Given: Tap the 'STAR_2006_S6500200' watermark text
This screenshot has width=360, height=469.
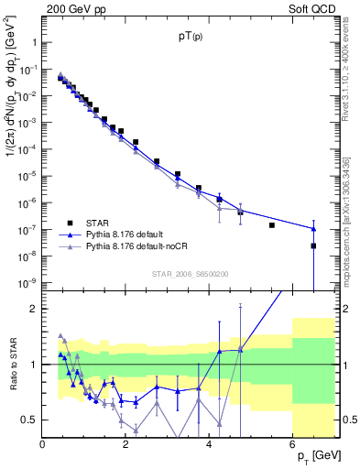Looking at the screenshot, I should [x=191, y=273].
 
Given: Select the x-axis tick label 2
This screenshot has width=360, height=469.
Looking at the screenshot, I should [x=126, y=444].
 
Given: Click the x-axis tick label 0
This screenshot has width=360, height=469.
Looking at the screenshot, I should [x=43, y=444].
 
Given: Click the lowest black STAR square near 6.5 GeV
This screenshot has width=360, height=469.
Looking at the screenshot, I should [x=313, y=245].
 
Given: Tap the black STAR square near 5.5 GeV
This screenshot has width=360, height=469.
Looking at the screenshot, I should [x=272, y=224].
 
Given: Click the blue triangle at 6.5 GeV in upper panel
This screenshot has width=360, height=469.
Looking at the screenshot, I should [x=313, y=229].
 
